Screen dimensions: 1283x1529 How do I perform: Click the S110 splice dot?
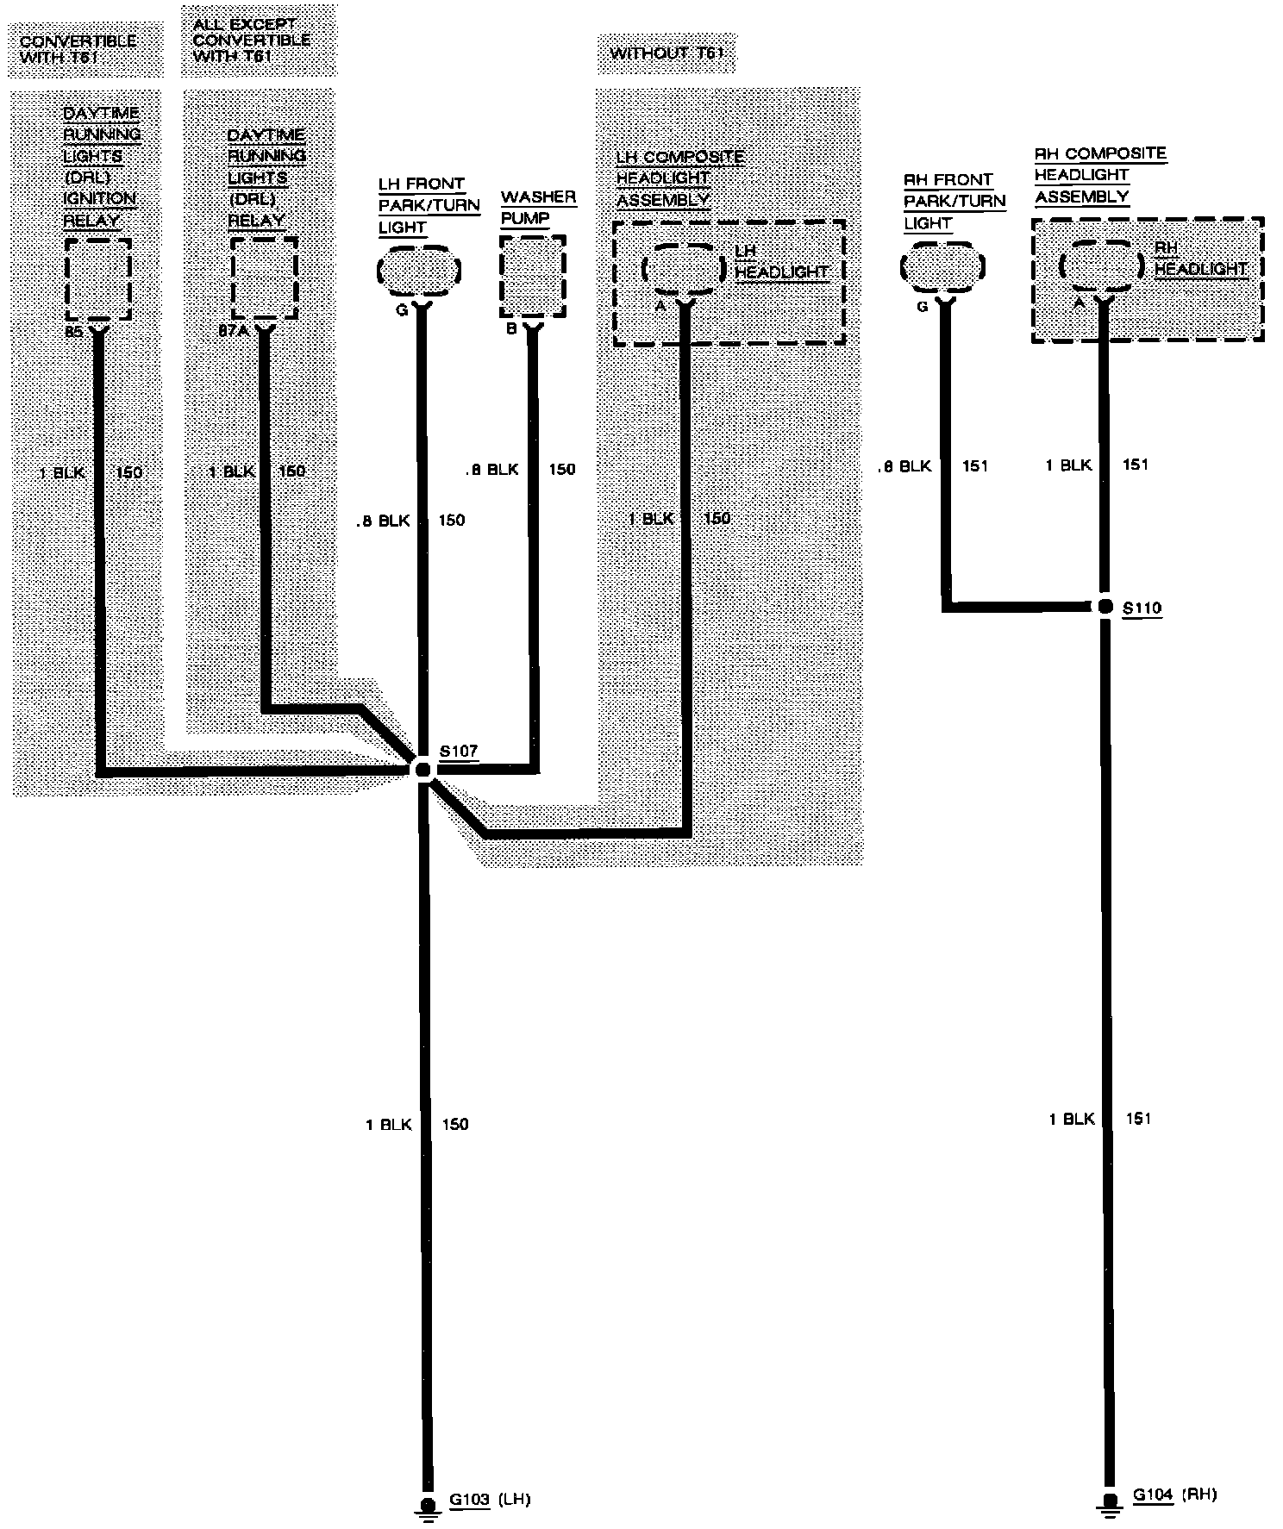pyautogui.click(x=1105, y=607)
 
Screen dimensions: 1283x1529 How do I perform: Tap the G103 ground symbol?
pyautogui.click(x=426, y=1504)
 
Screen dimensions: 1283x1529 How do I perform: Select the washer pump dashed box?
pyautogui.click(x=533, y=278)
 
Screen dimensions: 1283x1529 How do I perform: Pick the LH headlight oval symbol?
pyautogui.click(x=684, y=269)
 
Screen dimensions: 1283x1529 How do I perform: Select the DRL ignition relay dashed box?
pyautogui.click(x=98, y=279)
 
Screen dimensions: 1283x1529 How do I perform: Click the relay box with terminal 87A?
pyautogui.click(x=264, y=278)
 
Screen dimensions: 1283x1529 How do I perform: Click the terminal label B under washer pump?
pyautogui.click(x=511, y=328)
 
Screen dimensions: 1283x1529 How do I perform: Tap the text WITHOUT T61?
pyautogui.click(x=667, y=53)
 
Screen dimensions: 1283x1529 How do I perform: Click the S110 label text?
pyautogui.click(x=1142, y=608)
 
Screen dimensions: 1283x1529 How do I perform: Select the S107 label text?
pyautogui.click(x=459, y=751)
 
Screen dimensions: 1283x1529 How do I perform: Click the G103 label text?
pyautogui.click(x=469, y=1500)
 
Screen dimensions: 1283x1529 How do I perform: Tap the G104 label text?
pyautogui.click(x=1153, y=1495)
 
